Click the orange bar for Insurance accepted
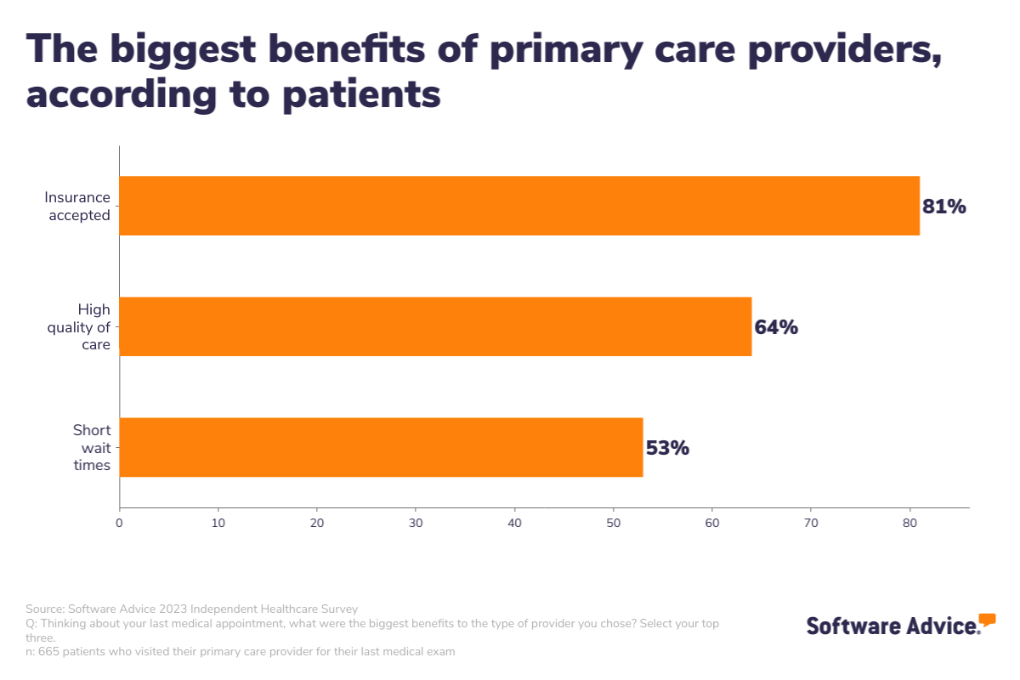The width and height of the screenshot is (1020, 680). tap(518, 206)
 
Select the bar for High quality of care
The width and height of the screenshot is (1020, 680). tap(435, 326)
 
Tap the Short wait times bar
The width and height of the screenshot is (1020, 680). tap(381, 447)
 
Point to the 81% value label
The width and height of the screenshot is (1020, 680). tap(944, 207)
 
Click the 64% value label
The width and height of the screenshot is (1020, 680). tap(776, 327)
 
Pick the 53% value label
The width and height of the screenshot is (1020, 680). tap(667, 448)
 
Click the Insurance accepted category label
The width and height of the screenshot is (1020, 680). tap(78, 207)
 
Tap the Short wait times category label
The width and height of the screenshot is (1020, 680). tap(92, 448)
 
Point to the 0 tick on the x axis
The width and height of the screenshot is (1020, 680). tap(119, 522)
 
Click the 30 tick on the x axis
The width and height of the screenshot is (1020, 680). tap(416, 522)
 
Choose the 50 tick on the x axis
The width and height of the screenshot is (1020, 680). tap(614, 522)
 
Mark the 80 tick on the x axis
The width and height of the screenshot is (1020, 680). tap(909, 522)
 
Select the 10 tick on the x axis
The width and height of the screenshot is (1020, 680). tap(218, 522)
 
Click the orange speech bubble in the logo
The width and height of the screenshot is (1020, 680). tap(987, 619)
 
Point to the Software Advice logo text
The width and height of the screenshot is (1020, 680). tap(892, 626)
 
